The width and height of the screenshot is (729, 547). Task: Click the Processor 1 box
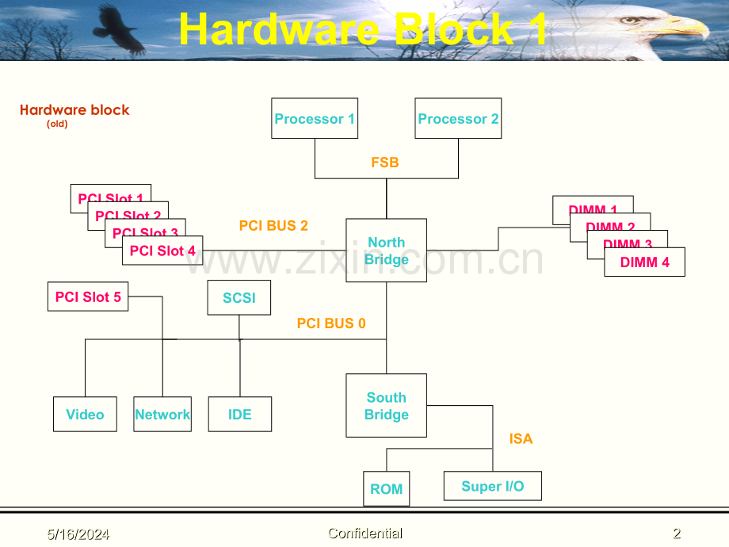point(315,119)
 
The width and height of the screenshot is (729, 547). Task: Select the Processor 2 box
point(458,119)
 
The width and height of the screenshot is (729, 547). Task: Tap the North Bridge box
point(387,251)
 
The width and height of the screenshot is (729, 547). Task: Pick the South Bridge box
point(387,406)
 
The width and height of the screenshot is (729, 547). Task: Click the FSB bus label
point(385,163)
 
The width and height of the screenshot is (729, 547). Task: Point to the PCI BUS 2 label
point(273,226)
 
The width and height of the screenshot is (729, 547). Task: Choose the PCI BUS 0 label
point(331,323)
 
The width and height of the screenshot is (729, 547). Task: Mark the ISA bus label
point(521,438)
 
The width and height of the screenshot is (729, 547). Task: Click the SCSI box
point(239,298)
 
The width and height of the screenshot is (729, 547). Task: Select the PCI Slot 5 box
point(88,297)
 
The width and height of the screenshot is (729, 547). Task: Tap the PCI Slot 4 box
point(162,251)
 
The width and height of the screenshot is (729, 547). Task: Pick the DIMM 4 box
point(644,262)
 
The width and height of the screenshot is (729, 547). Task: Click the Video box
point(85,415)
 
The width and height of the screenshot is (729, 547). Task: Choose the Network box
point(162,415)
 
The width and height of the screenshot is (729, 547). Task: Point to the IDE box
point(240,415)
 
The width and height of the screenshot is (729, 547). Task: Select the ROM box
point(387,489)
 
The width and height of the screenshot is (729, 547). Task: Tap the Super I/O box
point(492,486)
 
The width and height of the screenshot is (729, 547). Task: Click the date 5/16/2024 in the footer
point(77,534)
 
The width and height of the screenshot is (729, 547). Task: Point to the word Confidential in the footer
point(365,534)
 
